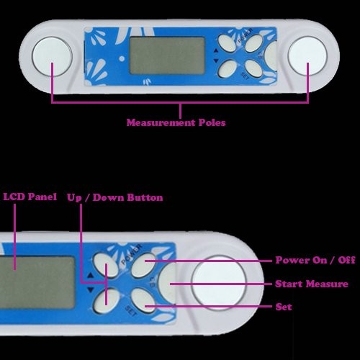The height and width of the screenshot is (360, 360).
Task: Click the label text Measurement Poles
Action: [176, 122]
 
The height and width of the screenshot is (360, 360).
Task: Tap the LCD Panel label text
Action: [30, 197]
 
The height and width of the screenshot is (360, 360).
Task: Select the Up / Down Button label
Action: [115, 198]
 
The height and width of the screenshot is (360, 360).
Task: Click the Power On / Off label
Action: [315, 260]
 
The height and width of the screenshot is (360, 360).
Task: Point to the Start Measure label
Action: [312, 284]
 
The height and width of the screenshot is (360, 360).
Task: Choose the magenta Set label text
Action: [284, 307]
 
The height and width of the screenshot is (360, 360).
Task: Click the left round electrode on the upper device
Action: [52, 57]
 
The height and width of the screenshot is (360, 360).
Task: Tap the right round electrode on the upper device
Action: [307, 55]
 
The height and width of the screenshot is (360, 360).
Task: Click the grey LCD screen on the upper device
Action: [167, 55]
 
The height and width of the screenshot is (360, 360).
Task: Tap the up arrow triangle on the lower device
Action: [90, 275]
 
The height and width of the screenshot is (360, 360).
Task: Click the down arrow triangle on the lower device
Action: [90, 290]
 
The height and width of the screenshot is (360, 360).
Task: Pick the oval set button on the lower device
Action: [143, 300]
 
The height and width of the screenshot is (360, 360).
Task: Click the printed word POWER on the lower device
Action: [132, 254]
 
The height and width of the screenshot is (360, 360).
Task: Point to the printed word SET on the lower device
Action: [131, 310]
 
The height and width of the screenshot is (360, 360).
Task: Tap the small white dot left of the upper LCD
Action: [122, 58]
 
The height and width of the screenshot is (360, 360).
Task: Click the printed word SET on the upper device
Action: [245, 76]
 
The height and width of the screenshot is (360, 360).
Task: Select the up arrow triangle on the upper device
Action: [216, 50]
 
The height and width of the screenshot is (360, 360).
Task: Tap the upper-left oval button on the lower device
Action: [105, 265]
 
